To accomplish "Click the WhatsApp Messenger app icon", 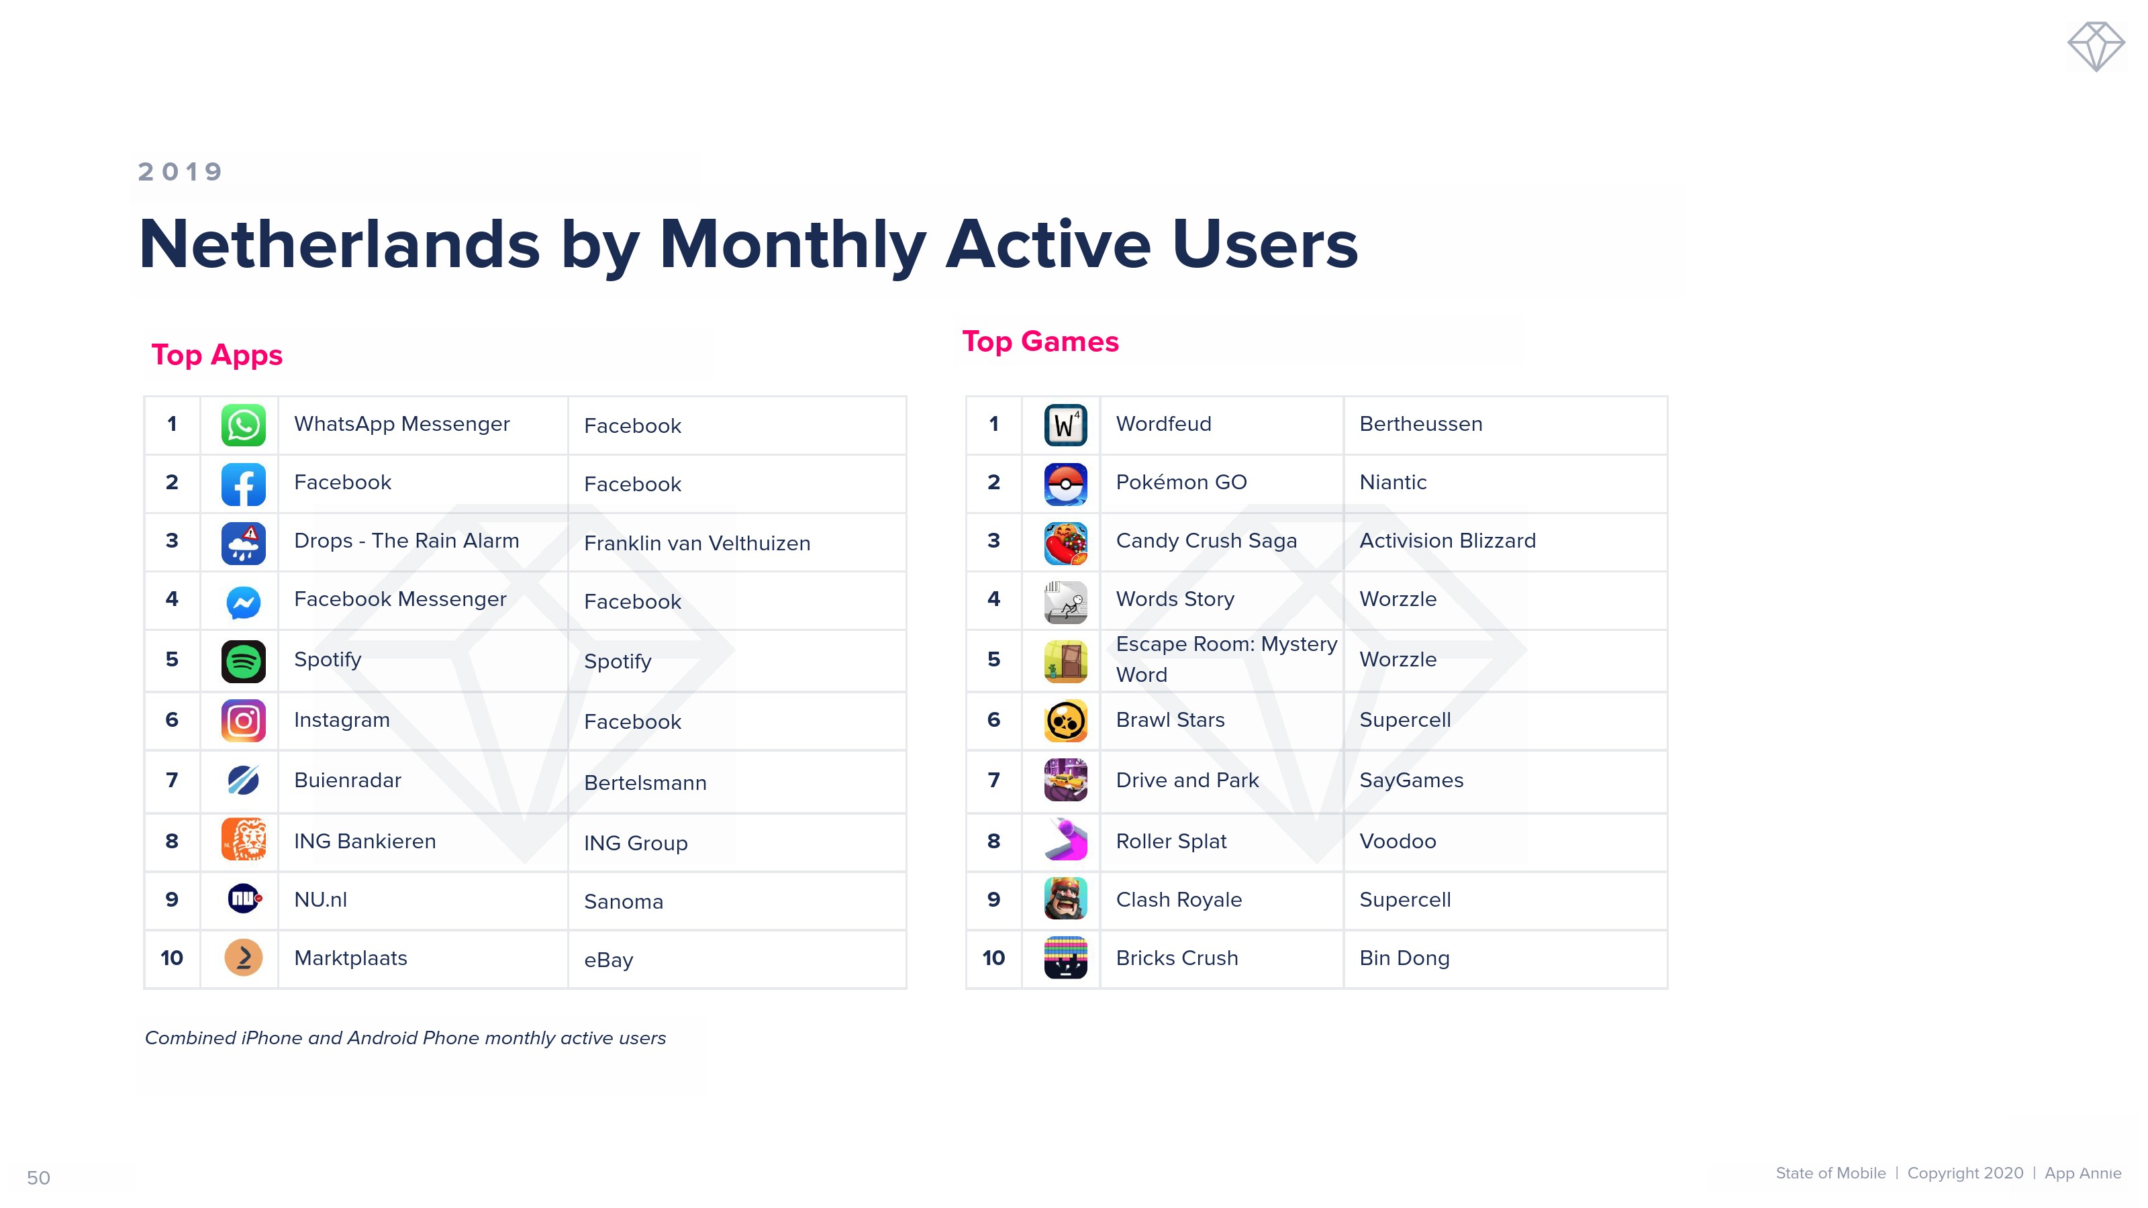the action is [244, 425].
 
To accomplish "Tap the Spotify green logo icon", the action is [244, 661].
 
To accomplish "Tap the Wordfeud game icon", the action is [1066, 425].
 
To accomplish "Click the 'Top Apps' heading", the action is [217, 355].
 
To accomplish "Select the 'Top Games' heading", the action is [1040, 342].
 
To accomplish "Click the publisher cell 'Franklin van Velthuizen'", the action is [697, 544].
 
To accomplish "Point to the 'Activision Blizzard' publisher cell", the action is [1448, 541].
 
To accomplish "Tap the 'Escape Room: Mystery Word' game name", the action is [1226, 660].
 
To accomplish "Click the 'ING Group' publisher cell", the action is [636, 844].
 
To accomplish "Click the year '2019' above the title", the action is [180, 172].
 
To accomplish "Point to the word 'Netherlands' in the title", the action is [340, 244].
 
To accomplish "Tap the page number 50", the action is [38, 1178].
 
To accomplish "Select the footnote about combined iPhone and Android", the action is [405, 1039].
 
